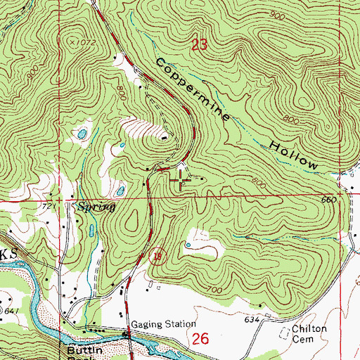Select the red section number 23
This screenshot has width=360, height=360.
click(200, 46)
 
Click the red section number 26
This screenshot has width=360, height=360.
click(201, 339)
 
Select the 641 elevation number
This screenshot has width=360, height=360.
click(11, 309)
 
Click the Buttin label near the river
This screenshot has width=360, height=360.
click(80, 349)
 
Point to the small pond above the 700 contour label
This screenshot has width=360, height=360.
click(188, 245)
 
